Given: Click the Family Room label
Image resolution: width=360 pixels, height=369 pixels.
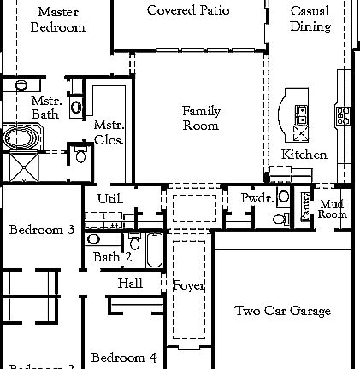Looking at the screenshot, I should click(x=201, y=118).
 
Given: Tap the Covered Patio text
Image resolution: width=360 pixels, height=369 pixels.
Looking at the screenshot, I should click(x=188, y=10).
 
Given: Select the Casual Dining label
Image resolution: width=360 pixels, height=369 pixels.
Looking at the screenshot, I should click(x=310, y=19).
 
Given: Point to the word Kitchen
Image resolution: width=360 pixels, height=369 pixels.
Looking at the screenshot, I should click(x=304, y=155).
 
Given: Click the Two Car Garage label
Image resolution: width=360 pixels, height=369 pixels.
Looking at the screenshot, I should click(x=282, y=311).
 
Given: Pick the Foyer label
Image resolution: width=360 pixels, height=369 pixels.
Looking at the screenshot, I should click(x=189, y=285).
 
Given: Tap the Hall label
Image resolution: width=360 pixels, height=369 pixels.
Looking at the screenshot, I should click(x=130, y=283).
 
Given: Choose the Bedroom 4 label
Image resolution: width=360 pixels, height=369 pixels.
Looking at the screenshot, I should click(x=124, y=357).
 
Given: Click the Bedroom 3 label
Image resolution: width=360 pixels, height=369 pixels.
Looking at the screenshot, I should click(x=42, y=230).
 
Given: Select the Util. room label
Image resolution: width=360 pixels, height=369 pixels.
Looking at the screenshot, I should click(x=110, y=198).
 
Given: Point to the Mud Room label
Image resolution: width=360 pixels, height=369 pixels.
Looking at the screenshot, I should click(x=333, y=209).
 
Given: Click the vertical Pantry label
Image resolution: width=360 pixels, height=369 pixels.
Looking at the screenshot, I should click(x=306, y=208).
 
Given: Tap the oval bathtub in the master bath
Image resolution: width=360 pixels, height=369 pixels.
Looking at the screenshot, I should click(x=19, y=137).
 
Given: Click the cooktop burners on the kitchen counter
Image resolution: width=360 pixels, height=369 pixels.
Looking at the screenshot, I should click(x=342, y=115).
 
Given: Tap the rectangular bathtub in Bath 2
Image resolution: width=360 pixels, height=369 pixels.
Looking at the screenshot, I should click(x=154, y=250).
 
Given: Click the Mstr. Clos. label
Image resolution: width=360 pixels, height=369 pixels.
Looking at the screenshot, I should click(x=109, y=132).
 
